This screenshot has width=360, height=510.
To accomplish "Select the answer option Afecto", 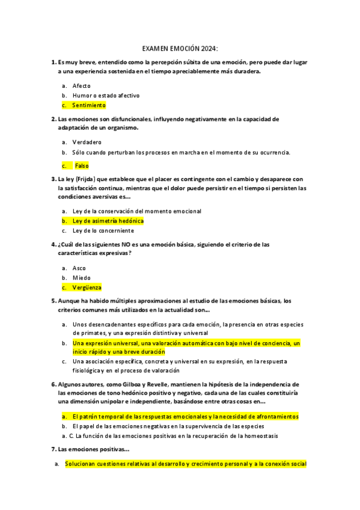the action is (81, 86).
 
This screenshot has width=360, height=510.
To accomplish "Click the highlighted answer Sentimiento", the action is (89, 105).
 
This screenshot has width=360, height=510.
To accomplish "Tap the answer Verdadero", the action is (87, 143).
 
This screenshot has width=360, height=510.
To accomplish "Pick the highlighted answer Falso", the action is (82, 165).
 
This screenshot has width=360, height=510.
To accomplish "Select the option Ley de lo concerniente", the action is (103, 230).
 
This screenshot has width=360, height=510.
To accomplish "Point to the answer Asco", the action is (79, 268).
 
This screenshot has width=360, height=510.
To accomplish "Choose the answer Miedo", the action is (81, 278).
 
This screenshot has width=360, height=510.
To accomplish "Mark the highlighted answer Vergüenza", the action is (87, 287).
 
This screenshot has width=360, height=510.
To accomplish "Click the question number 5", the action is (53, 301).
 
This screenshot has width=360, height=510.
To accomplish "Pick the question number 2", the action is (53, 119).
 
